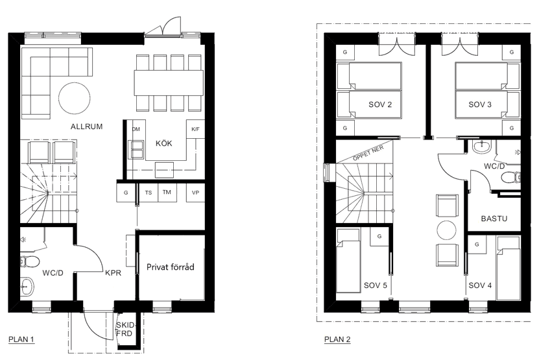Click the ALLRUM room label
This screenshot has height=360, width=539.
pyautogui.click(x=87, y=126)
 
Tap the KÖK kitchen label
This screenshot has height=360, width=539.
pyautogui.click(x=164, y=143)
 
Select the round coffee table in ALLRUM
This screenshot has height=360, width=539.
pyautogui.click(x=74, y=98)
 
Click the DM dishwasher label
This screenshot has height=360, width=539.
pyautogui.click(x=136, y=129)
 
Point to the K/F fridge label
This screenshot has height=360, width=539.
pyautogui.click(x=195, y=129)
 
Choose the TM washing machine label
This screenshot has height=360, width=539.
pyautogui.click(x=167, y=192)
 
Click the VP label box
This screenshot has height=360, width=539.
pyautogui.click(x=196, y=193)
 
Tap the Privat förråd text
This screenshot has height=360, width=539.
pyautogui.click(x=171, y=267)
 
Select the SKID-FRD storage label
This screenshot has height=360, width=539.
pyautogui.click(x=125, y=329)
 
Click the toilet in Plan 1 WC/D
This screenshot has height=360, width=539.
pyautogui.click(x=30, y=261)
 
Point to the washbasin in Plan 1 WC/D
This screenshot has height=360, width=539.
pyautogui.click(x=27, y=286)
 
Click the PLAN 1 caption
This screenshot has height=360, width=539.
pyautogui.click(x=21, y=339)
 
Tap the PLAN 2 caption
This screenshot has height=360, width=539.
pyautogui.click(x=337, y=339)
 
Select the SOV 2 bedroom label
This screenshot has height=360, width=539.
pyautogui.click(x=380, y=104)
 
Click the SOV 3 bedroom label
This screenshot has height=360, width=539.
pyautogui.click(x=480, y=104)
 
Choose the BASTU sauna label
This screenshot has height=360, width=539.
pyautogui.click(x=494, y=219)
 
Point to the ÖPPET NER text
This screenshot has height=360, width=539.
pyautogui.click(x=368, y=153)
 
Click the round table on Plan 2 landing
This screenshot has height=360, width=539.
pyautogui.click(x=447, y=230)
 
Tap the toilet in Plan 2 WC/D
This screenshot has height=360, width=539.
pyautogui.click(x=511, y=178)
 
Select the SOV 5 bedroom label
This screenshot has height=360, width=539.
pyautogui.click(x=376, y=285)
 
